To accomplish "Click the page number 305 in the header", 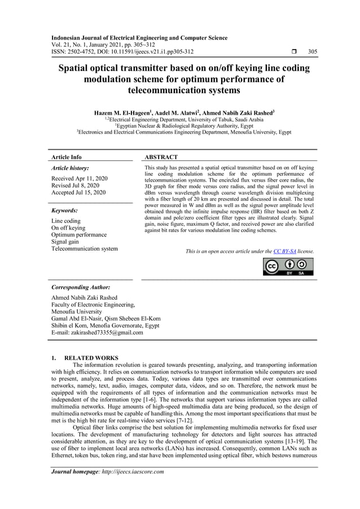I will click(312, 52).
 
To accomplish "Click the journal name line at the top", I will click(139, 38).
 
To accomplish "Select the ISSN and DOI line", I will click(122, 52).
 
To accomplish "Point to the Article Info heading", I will click(66, 157).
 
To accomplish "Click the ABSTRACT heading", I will click(161, 157).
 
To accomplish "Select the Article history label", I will click(70, 168).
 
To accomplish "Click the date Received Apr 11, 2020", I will click(79, 178).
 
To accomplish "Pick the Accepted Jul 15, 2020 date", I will click(78, 193).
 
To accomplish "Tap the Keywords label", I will click(65, 210).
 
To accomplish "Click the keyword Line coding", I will click(65, 221).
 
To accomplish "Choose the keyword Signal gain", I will click(67, 242).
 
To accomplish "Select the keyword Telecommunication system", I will click(85, 248).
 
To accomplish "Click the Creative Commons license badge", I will click(288, 266).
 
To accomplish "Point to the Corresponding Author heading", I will click(81, 287).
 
